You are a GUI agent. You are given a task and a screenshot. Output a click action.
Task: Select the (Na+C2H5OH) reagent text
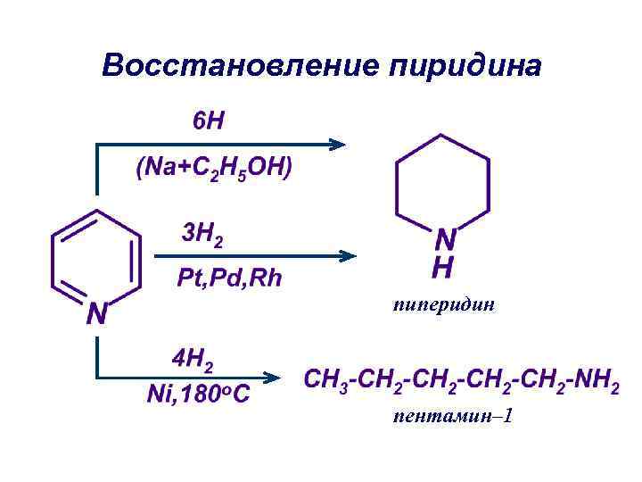214,169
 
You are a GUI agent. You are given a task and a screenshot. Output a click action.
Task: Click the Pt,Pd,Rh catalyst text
229,278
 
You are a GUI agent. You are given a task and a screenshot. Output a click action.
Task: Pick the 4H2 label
193,361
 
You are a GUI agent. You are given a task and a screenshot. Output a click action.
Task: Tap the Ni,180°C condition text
199,394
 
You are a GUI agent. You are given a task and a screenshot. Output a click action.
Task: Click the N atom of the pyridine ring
97,313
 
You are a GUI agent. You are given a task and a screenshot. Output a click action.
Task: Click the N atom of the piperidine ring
445,239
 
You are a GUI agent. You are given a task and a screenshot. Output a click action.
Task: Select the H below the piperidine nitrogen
444,266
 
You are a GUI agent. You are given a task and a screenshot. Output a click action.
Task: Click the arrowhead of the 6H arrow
336,143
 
